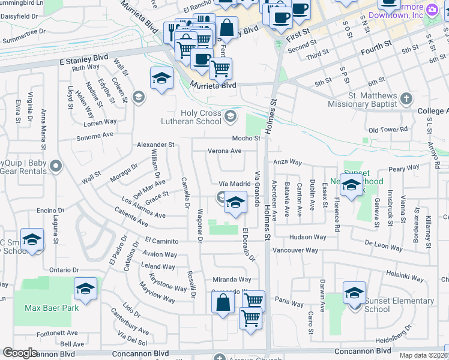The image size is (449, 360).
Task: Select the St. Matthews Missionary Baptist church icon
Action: tap(407, 98)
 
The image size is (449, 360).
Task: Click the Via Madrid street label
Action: tap(234, 184)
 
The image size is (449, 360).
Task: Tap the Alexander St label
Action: tap(155, 145)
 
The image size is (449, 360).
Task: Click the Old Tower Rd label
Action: tap(388, 130)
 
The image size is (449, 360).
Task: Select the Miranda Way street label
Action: tap(232, 280)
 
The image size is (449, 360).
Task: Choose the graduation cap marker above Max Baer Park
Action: tap(86, 290)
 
